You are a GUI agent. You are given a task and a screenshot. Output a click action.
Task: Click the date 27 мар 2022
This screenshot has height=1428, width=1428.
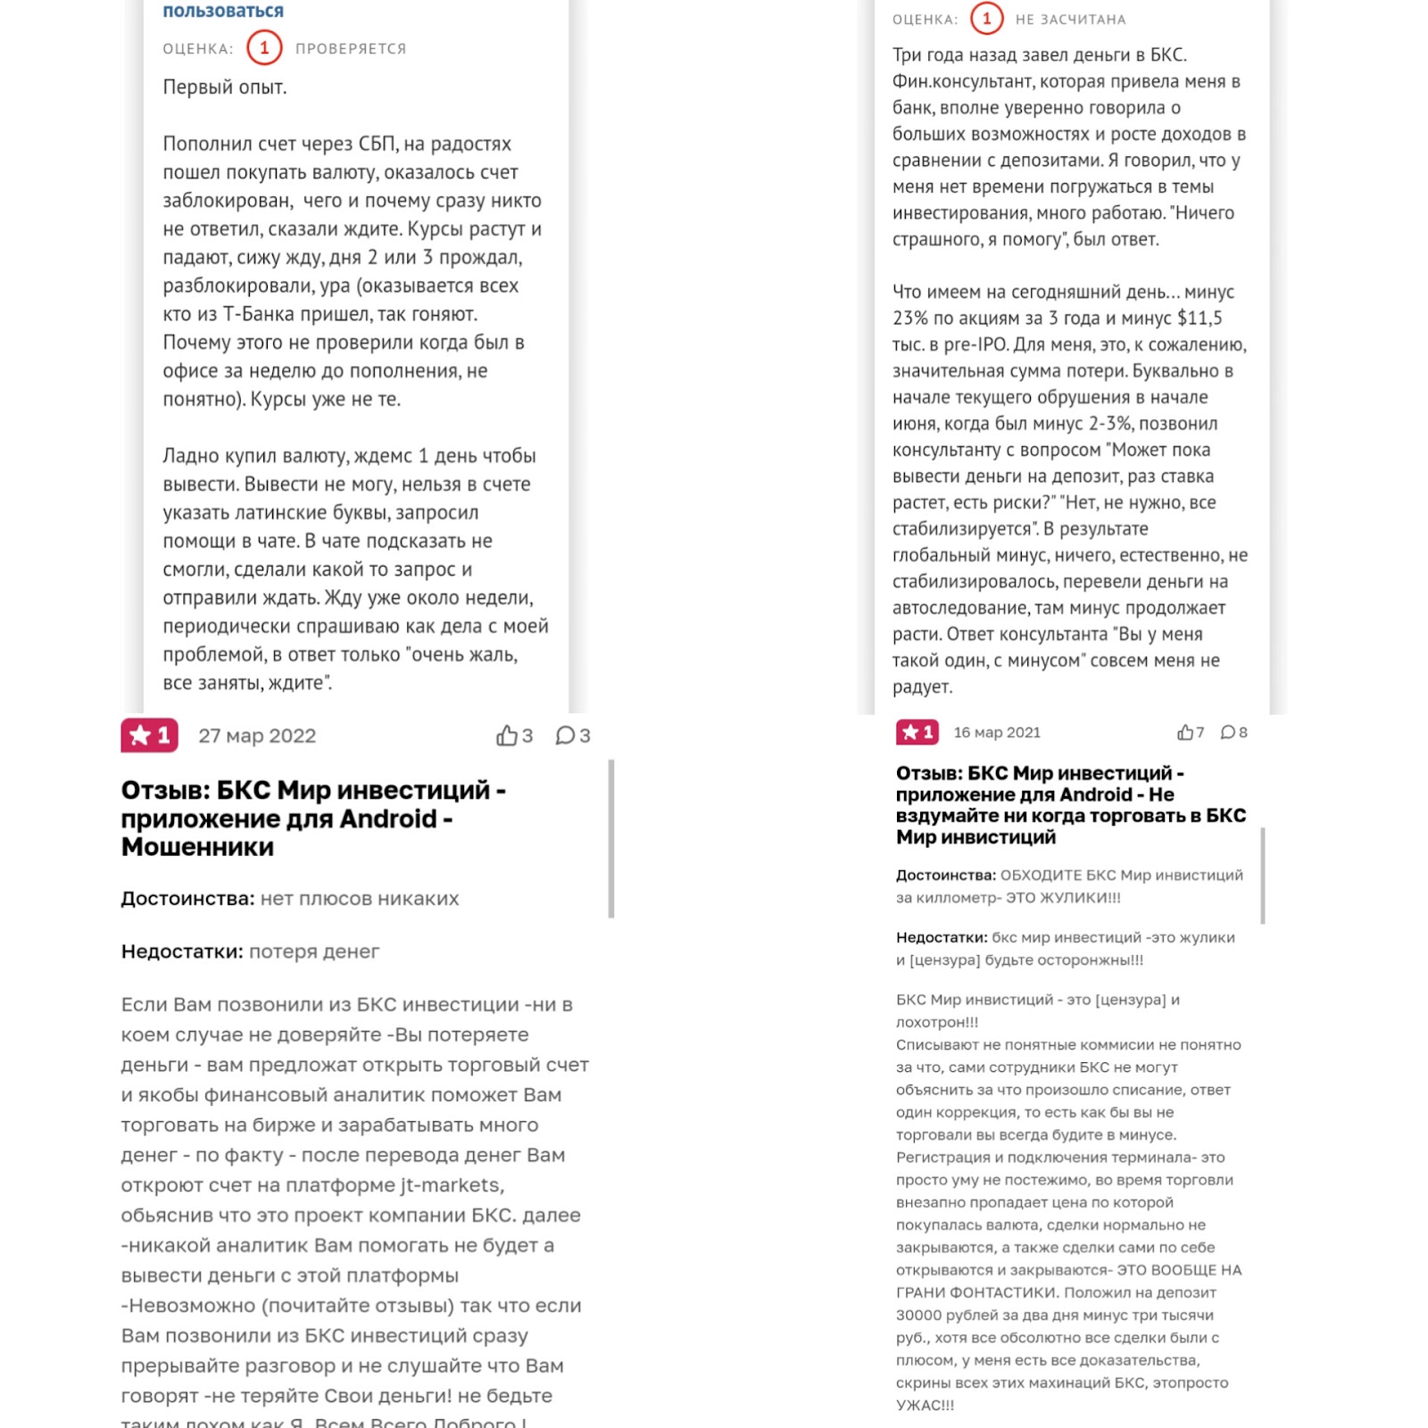coord(257,735)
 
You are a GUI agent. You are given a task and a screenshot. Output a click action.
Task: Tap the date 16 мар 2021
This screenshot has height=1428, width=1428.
coord(997,733)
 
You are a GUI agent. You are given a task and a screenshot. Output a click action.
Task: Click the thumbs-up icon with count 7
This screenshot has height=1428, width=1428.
coord(1185,733)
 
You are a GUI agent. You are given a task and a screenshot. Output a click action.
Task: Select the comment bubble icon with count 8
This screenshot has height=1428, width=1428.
coord(1228,733)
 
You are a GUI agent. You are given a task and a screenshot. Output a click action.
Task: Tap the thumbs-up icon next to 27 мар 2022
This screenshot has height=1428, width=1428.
coord(507,735)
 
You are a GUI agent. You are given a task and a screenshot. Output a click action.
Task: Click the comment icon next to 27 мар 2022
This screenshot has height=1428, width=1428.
coord(565,735)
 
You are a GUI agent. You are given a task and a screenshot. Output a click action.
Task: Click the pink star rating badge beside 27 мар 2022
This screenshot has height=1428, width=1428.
coord(149,735)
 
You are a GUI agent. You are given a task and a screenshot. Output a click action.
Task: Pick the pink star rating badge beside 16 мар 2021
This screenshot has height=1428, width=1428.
coord(917,733)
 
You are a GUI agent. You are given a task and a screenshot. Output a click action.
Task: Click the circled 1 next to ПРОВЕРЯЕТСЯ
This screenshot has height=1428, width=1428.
coord(264,48)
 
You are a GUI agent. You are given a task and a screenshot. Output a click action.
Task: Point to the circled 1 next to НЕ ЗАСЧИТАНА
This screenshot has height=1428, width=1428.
coord(986,19)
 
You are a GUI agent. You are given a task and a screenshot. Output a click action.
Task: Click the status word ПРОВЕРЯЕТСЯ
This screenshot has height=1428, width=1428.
coord(351,49)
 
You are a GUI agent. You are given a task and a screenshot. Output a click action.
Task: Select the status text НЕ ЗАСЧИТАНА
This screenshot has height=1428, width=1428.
coord(1070,20)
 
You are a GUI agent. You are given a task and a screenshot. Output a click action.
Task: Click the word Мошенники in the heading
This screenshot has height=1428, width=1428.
coord(197,847)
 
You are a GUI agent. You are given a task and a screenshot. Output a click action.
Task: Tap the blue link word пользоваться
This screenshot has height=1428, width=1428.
coord(223,11)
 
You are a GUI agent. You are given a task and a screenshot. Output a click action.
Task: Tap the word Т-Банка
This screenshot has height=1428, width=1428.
coord(260,314)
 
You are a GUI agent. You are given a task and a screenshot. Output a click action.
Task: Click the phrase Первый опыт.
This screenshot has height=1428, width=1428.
coord(225,87)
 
